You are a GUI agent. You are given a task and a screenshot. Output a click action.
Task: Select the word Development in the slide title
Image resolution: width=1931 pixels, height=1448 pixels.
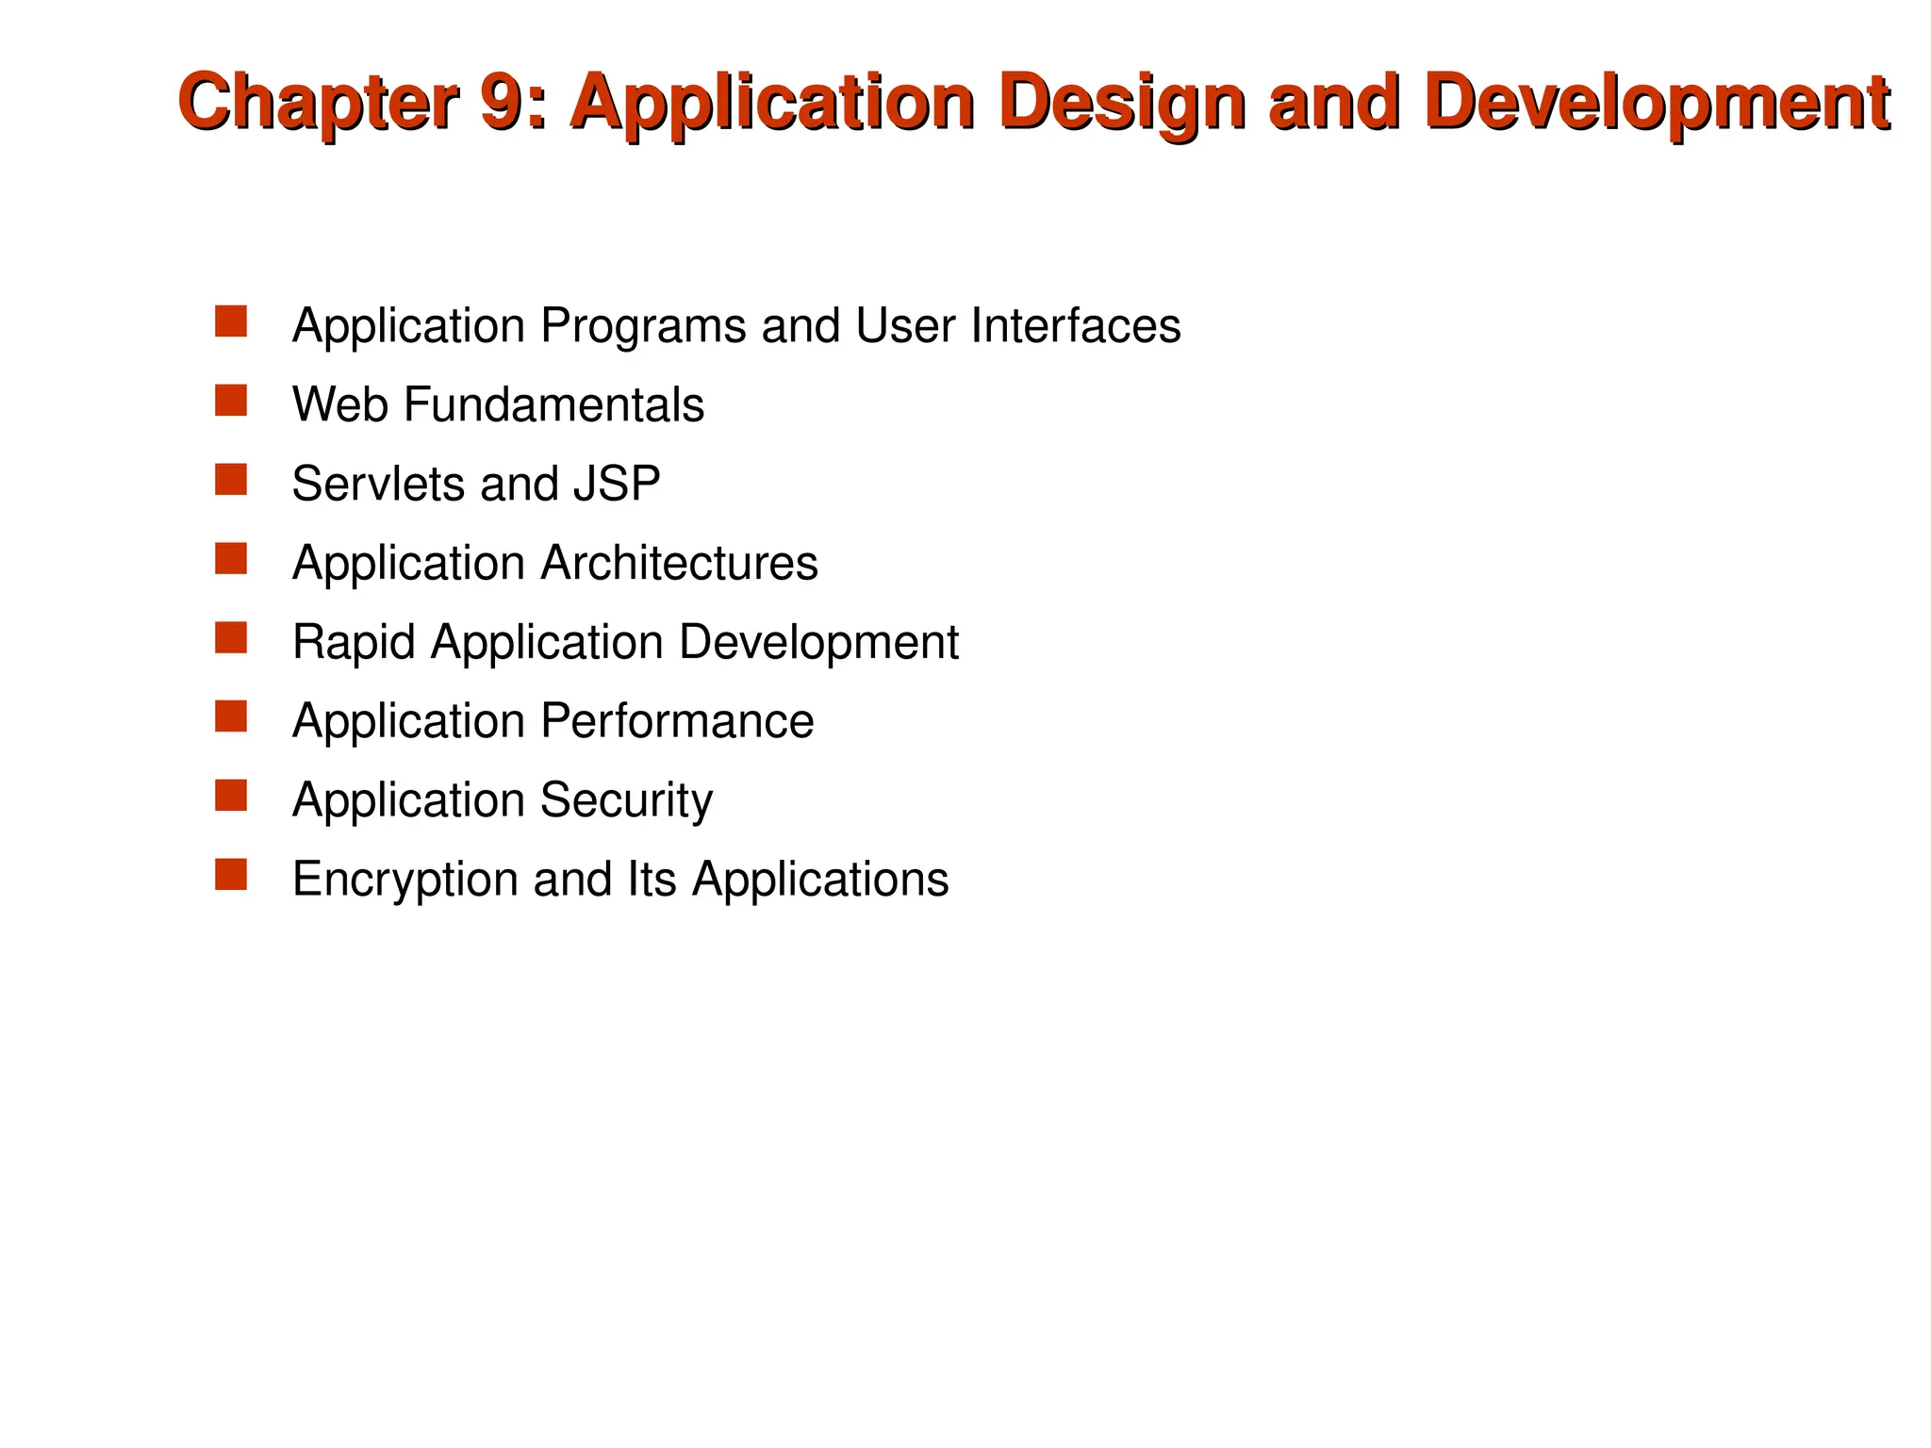1658,102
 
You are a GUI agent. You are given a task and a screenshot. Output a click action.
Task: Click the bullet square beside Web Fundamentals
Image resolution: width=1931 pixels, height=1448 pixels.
231,401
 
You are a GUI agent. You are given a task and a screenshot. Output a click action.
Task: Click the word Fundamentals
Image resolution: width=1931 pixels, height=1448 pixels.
554,404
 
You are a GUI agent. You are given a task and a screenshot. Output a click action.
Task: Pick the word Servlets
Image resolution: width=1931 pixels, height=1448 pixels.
378,484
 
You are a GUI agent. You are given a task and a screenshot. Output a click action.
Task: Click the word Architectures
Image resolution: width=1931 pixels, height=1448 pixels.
679,563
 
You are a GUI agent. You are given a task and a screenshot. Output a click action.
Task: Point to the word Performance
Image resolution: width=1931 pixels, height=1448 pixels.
677,721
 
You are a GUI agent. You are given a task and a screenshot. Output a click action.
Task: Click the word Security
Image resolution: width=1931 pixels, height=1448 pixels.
626,800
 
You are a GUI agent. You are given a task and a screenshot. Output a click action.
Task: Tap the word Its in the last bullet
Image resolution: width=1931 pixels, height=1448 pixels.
651,880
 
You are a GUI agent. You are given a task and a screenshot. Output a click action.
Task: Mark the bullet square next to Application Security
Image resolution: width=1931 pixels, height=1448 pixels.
231,796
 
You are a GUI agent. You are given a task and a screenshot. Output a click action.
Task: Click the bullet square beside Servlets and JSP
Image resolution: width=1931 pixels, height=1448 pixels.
231,480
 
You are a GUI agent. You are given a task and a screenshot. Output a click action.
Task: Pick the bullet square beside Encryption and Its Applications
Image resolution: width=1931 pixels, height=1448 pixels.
231,875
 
